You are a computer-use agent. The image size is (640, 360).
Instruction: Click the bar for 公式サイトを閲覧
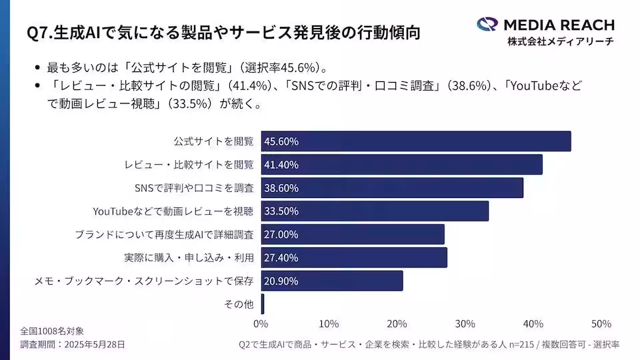[415, 141]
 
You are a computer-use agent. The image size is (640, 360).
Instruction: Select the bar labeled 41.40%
[401, 165]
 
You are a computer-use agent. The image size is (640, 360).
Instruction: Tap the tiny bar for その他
[263, 304]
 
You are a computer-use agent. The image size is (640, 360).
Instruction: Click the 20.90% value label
[281, 281]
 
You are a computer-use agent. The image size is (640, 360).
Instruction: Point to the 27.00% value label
[281, 235]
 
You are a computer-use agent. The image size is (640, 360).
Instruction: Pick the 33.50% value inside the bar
[281, 211]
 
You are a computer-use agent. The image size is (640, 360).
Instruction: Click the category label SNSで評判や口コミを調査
[194, 188]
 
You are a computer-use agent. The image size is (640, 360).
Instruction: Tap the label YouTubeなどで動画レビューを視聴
[173, 211]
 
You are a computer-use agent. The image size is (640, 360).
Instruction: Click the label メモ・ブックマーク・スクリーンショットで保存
[144, 281]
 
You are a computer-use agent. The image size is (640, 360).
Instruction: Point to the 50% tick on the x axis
[601, 324]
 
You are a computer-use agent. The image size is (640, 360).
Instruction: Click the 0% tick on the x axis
[261, 324]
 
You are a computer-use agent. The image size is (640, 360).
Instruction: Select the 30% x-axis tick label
[465, 324]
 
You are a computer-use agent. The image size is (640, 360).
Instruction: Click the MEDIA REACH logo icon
[487, 25]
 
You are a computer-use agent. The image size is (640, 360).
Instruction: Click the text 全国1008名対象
[52, 331]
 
